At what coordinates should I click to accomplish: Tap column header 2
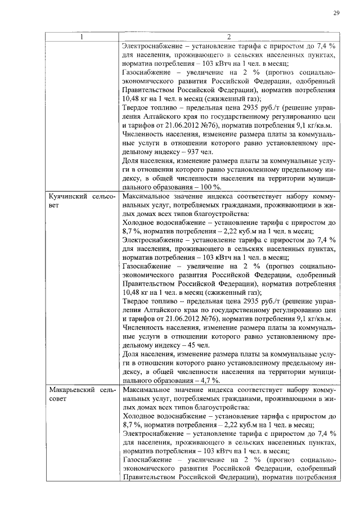coord(228,38)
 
